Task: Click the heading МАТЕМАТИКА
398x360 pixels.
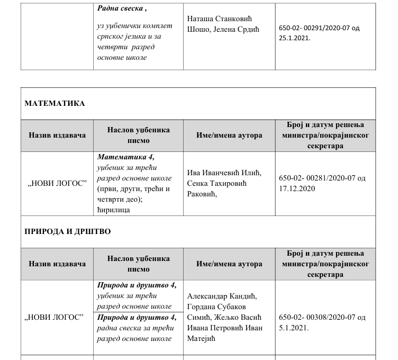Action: tap(55, 103)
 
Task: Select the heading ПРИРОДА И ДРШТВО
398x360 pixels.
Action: tap(68, 232)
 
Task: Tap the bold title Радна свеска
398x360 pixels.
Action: tap(122, 8)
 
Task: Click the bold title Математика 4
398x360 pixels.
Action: tap(125, 157)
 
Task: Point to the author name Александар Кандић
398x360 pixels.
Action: tap(222, 296)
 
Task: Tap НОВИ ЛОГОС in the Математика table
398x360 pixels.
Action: tap(57, 183)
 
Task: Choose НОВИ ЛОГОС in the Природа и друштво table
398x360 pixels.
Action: tap(57, 317)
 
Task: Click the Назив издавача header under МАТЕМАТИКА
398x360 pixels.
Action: tap(57, 135)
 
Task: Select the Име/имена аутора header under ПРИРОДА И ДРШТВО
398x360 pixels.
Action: tap(229, 264)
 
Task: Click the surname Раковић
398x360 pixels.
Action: tap(203, 194)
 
